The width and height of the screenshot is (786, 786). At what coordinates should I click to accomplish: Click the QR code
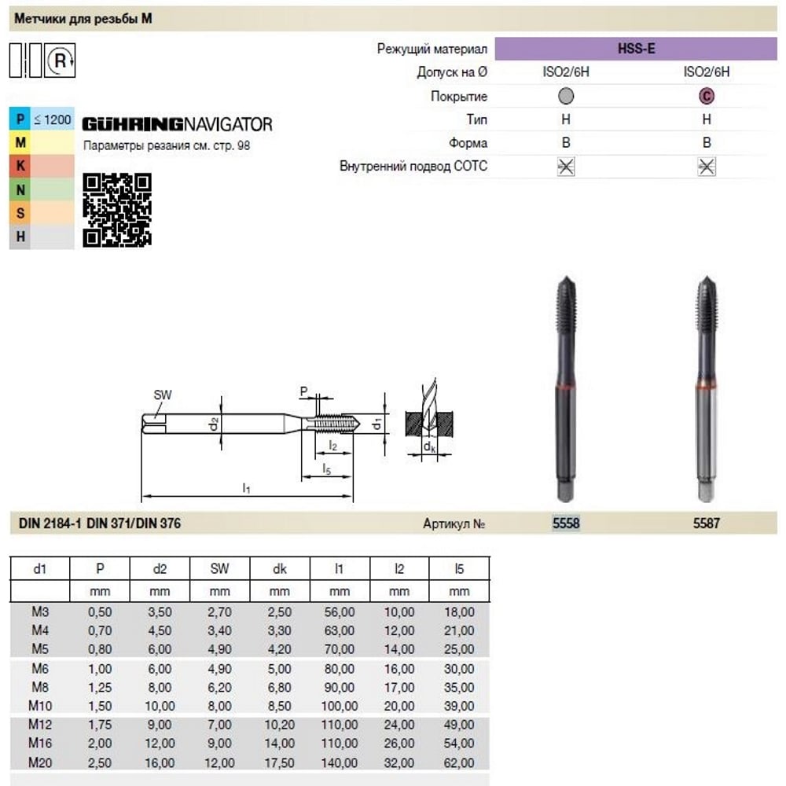pyautogui.click(x=117, y=210)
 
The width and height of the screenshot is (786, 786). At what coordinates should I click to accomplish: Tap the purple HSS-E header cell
pyautogui.click(x=636, y=49)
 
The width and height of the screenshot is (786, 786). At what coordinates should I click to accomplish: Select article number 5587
pyautogui.click(x=707, y=523)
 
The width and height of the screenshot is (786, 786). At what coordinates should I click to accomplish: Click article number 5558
pyautogui.click(x=566, y=523)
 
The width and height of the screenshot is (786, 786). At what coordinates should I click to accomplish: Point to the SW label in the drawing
pyautogui.click(x=163, y=395)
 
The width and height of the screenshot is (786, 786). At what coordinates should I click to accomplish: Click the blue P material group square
pyautogui.click(x=20, y=119)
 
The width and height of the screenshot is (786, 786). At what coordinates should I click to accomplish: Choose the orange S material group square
pyautogui.click(x=20, y=213)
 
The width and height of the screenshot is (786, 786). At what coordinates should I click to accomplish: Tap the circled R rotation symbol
pyautogui.click(x=60, y=61)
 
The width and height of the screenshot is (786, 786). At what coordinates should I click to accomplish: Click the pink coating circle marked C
pyautogui.click(x=707, y=96)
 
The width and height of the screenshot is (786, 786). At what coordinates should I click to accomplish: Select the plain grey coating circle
pyautogui.click(x=566, y=96)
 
